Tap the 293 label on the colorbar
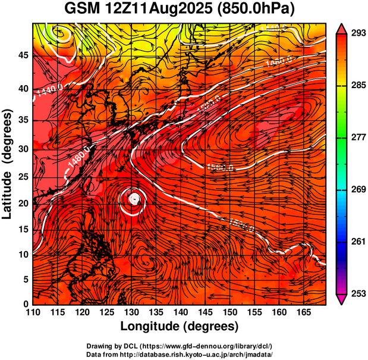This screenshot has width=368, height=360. click(x=356, y=33)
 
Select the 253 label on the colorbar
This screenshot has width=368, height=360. click(x=356, y=293)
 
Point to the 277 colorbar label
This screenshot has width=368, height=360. click(x=356, y=137)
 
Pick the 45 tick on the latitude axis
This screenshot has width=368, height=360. click(x=24, y=55)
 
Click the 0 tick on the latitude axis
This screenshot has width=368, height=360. click(x=27, y=304)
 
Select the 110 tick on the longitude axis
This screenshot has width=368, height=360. click(x=33, y=312)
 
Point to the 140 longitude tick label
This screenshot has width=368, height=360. click(x=180, y=312)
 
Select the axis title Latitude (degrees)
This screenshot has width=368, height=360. click(x=8, y=164)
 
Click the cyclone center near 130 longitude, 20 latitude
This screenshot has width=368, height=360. click(x=136, y=199)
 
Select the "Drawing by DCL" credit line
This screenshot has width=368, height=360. click(x=179, y=346)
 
